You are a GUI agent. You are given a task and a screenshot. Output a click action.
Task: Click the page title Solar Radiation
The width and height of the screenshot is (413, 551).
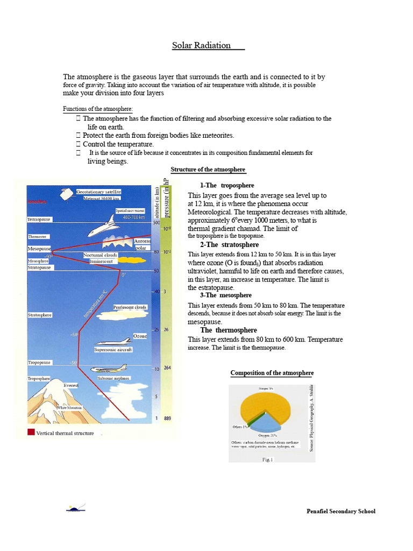[202, 46]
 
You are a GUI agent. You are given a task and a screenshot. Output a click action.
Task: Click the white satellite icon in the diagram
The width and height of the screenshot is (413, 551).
[68, 194]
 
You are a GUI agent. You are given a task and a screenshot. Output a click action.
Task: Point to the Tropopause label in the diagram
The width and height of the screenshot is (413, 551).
[39, 363]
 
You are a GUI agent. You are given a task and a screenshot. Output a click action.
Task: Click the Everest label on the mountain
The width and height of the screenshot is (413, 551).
[70, 385]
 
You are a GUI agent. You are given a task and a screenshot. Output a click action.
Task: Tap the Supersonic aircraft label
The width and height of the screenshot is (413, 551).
[113, 350]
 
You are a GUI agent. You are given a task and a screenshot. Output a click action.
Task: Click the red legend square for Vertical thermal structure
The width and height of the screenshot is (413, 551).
[31, 432]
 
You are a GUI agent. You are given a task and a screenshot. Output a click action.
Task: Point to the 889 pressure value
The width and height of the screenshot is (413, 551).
[168, 419]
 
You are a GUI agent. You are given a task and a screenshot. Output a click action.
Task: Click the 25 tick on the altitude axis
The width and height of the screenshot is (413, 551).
[156, 329]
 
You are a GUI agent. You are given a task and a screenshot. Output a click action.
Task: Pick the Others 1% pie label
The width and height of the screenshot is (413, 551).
[240, 427]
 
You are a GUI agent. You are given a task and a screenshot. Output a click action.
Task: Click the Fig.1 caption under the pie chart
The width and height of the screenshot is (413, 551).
[267, 460]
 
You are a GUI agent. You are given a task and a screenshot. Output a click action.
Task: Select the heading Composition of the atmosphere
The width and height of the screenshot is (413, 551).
[272, 373]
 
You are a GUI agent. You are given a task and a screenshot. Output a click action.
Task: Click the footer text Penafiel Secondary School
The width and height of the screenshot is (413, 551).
[340, 511]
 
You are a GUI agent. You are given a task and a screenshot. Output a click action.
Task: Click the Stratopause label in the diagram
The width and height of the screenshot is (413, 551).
[39, 267]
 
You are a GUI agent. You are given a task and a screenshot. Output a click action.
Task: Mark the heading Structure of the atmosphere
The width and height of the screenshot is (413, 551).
[208, 169]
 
